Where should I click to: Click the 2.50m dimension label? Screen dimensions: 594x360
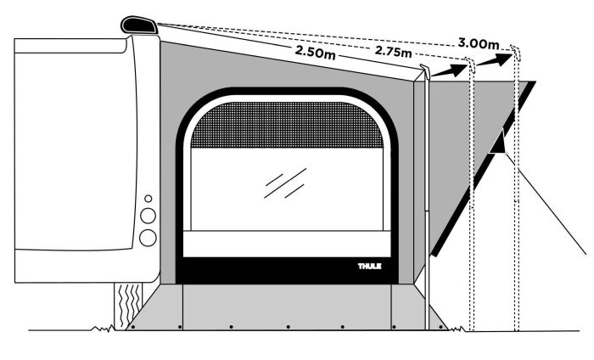[x=315, y=52]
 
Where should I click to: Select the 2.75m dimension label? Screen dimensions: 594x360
[x=393, y=51]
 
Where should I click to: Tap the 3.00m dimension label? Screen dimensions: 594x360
[x=479, y=43]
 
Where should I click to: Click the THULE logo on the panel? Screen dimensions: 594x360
[x=370, y=266]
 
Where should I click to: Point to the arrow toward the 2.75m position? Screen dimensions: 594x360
[x=449, y=70]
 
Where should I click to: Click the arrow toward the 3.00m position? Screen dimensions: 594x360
[x=495, y=60]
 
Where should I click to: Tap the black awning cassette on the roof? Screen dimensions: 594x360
[x=139, y=25]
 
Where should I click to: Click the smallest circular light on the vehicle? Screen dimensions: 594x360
[x=148, y=199]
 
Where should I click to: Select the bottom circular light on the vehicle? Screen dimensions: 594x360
[x=148, y=238]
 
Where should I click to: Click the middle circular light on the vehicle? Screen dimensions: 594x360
[x=148, y=216]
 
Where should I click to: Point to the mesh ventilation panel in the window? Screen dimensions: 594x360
[x=287, y=125]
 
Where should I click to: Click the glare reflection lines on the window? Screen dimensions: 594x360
[x=285, y=183]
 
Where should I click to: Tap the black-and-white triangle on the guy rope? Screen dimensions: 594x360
[x=498, y=141]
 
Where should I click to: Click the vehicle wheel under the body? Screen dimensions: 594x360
[x=128, y=306]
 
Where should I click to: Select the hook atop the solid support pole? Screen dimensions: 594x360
[x=425, y=70]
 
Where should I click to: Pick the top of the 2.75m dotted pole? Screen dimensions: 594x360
[x=470, y=65]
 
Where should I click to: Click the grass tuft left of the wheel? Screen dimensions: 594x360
[x=103, y=329]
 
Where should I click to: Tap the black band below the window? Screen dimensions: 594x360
[x=287, y=271]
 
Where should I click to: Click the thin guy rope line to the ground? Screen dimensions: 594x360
[x=546, y=204]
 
